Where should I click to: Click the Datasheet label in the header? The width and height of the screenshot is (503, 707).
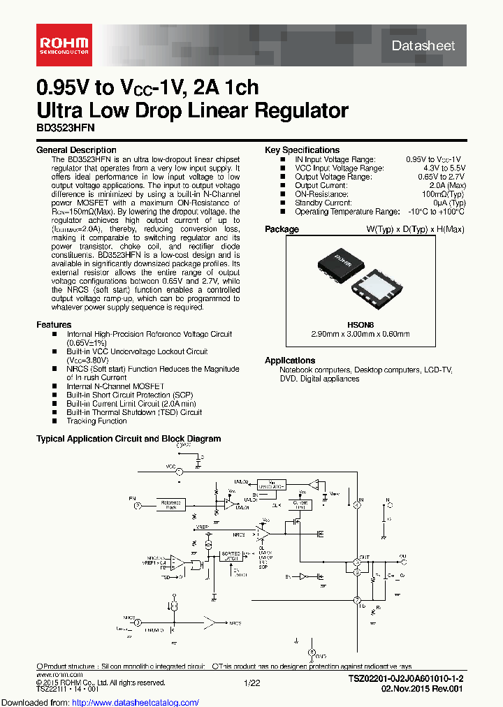[423, 46]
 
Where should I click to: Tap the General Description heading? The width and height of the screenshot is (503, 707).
[76, 150]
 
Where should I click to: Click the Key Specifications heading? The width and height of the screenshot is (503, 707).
[302, 150]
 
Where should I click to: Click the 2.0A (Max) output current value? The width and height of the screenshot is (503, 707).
[447, 185]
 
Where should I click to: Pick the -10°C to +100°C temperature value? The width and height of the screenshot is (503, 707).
[435, 212]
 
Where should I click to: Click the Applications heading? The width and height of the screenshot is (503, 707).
[290, 360]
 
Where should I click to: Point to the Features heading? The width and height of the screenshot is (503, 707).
[54, 325]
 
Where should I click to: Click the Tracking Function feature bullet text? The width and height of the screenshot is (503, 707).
[96, 421]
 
